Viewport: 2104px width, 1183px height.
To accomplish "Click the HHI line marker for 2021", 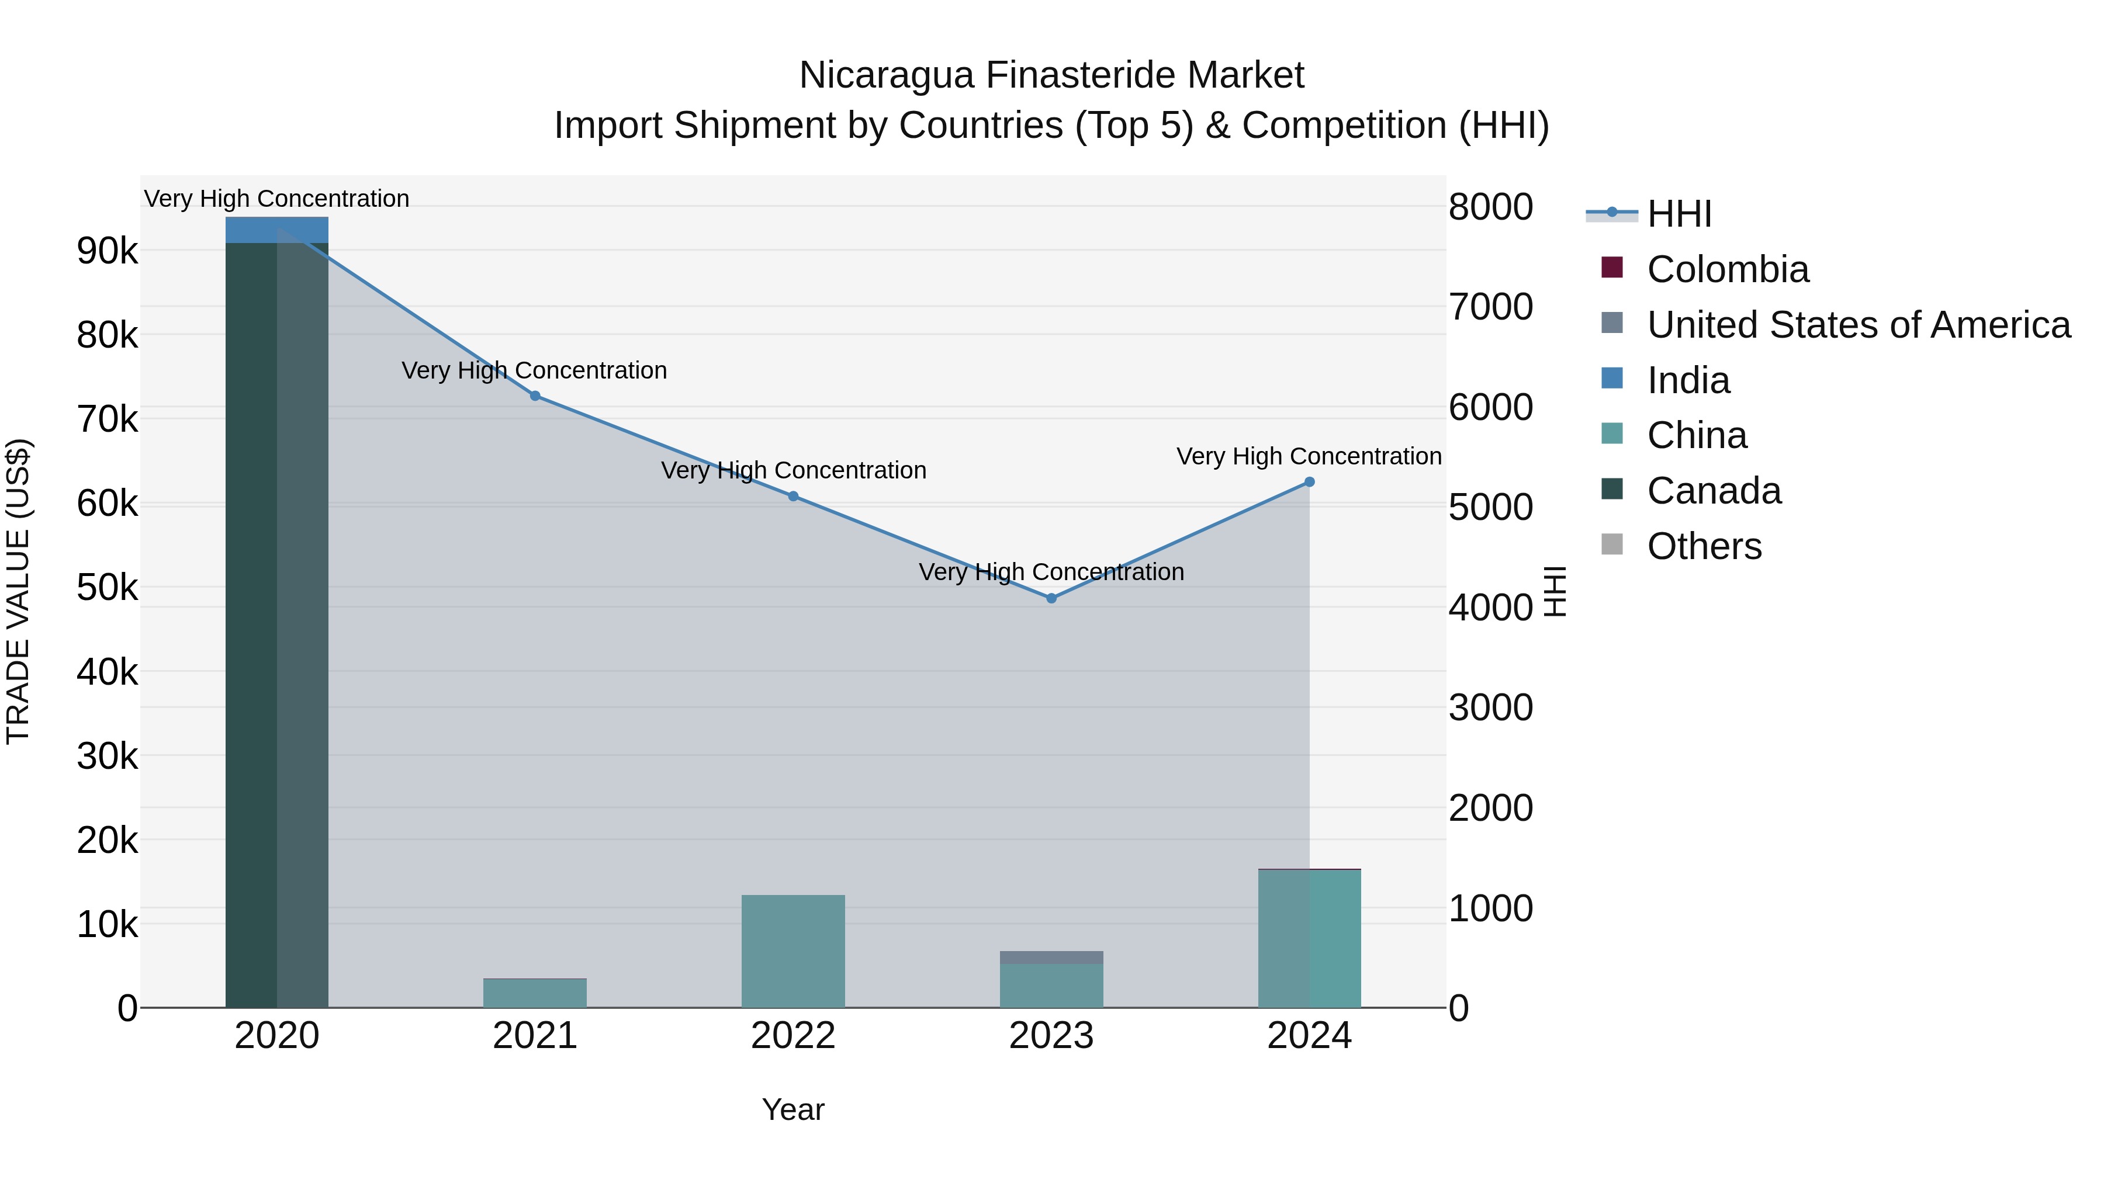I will tap(535, 396).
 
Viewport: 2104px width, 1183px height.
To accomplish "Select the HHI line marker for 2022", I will tap(793, 497).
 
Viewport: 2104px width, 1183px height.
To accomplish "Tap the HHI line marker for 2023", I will tap(1051, 598).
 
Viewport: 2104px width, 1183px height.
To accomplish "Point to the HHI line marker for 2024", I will tap(1309, 482).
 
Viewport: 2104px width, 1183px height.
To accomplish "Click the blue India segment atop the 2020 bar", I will tap(277, 230).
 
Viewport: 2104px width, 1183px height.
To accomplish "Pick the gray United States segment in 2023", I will tap(1051, 957).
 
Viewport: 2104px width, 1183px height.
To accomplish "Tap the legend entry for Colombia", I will tap(1728, 269).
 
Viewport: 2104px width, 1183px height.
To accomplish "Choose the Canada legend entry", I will tap(1714, 491).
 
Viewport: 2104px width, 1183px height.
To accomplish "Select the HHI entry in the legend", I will tap(1679, 214).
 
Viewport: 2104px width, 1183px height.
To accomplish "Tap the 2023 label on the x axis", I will tap(1051, 1036).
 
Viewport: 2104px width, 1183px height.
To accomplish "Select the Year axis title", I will tap(793, 1109).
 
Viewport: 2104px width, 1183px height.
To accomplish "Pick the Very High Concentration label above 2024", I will tap(1309, 456).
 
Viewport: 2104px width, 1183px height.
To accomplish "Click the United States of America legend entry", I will tap(1858, 325).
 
